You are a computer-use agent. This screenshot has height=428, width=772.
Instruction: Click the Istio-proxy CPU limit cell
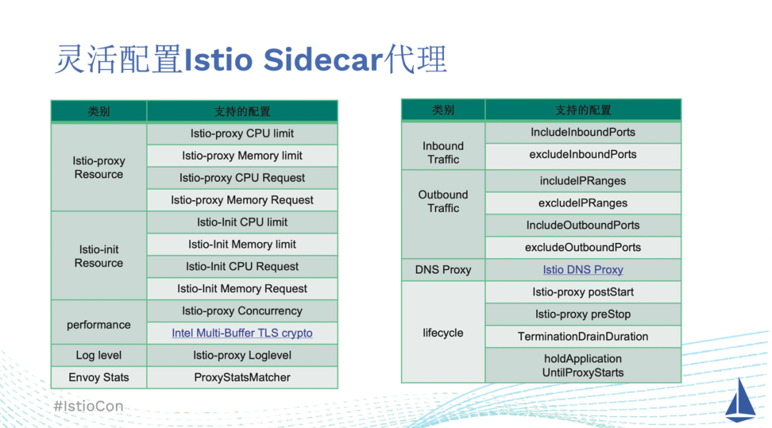tap(242, 134)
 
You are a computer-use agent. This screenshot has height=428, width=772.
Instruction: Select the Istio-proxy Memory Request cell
tap(242, 200)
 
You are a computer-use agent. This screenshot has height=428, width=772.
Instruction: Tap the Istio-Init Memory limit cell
tap(242, 244)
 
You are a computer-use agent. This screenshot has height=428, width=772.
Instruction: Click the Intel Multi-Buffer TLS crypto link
tap(242, 333)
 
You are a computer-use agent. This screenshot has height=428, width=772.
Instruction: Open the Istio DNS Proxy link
tap(583, 270)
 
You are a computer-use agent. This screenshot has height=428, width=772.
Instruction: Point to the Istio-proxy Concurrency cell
tap(242, 311)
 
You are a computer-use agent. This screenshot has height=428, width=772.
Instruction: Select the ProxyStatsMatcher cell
tap(242, 377)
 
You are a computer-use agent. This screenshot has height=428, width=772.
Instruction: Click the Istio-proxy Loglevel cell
tap(242, 355)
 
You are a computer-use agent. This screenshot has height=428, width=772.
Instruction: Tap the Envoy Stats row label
tap(99, 377)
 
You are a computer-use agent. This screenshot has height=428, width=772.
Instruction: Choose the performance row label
tap(99, 324)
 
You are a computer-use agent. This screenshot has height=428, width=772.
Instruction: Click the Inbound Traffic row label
tap(443, 153)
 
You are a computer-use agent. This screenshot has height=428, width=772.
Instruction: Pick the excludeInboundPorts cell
tap(583, 154)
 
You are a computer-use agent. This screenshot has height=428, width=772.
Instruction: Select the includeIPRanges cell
tap(583, 181)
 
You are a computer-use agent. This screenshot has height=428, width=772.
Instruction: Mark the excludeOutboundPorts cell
tap(583, 247)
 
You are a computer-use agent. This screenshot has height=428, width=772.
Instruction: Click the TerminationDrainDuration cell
tap(583, 337)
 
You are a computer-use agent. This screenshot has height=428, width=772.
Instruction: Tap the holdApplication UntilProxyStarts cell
tap(583, 366)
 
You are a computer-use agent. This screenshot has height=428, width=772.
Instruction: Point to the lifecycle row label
tap(443, 333)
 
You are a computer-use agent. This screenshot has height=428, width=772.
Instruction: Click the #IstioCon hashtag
tap(88, 407)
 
